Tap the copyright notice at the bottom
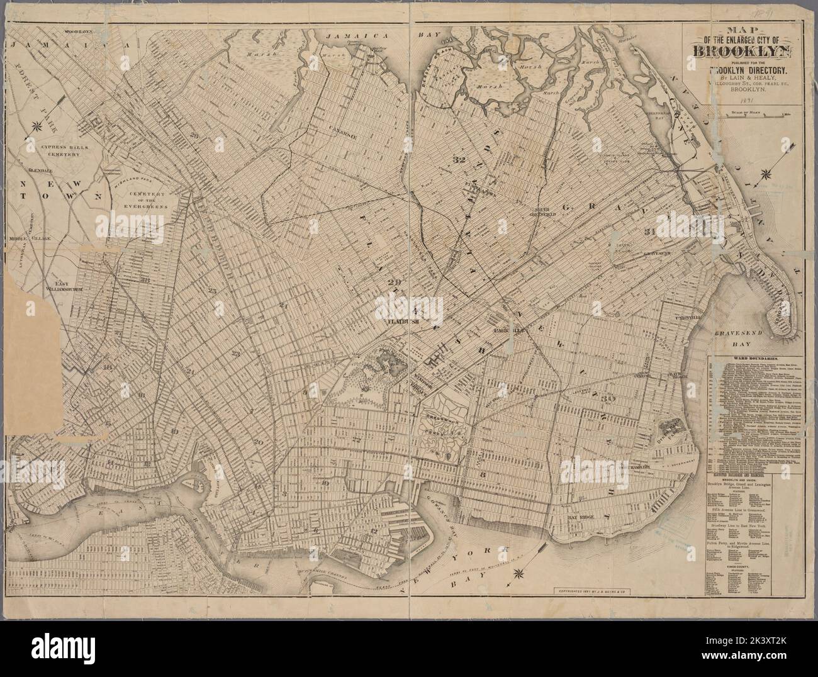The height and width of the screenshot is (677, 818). coord(591,591)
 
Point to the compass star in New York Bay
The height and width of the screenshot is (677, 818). coord(519,573)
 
